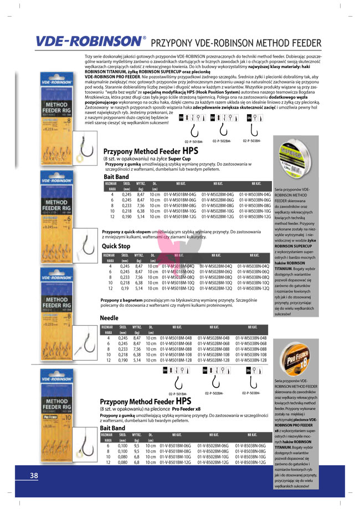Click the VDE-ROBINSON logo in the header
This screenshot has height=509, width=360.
tap(88, 42)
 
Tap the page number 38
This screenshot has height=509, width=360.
tap(34, 476)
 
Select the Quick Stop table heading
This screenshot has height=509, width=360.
tap(116, 245)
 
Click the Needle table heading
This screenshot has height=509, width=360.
tap(109, 318)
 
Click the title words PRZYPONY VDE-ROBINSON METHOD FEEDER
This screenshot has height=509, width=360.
tap(236, 43)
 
